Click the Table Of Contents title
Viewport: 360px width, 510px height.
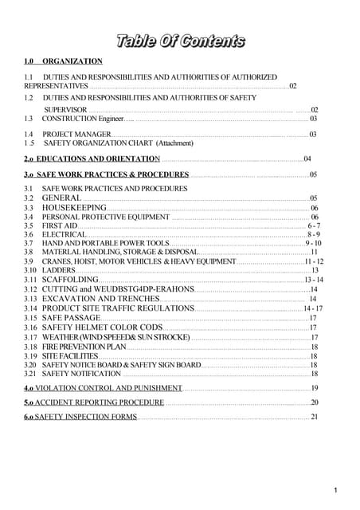pyautogui.click(x=180, y=41)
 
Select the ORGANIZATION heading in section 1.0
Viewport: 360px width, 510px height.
pyautogui.click(x=72, y=61)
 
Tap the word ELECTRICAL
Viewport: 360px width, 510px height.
pyautogui.click(x=63, y=234)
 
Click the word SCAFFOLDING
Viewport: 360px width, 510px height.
pyautogui.click(x=70, y=280)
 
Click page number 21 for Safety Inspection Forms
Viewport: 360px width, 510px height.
pyautogui.click(x=314, y=417)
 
